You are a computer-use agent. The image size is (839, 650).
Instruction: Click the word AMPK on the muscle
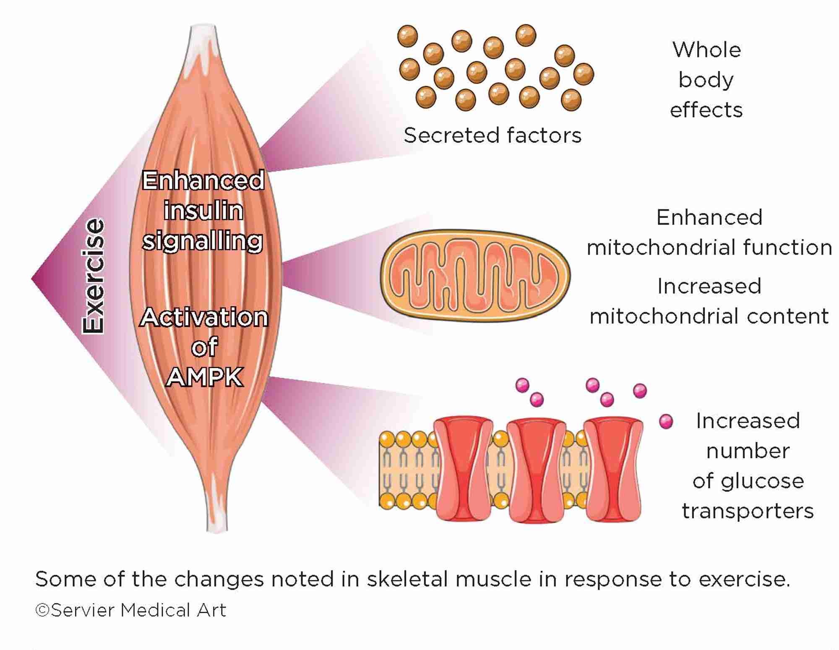[204, 377]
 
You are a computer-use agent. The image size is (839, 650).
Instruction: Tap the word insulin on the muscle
[203, 211]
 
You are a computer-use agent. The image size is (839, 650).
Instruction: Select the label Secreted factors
[492, 136]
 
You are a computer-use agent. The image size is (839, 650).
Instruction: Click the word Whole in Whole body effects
[707, 50]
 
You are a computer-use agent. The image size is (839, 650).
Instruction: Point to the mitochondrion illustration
[475, 276]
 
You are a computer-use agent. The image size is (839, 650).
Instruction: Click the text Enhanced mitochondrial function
[709, 232]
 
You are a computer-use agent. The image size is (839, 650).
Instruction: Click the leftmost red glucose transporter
[463, 469]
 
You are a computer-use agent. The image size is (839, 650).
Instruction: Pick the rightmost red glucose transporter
[613, 469]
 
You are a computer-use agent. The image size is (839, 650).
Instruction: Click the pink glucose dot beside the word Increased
[666, 421]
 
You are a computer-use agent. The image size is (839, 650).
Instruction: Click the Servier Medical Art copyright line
[131, 610]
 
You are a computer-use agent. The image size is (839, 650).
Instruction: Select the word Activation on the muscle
[204, 317]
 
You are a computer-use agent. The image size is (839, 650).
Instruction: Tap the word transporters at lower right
[748, 511]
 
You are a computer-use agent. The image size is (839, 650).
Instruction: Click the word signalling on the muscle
[203, 241]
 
